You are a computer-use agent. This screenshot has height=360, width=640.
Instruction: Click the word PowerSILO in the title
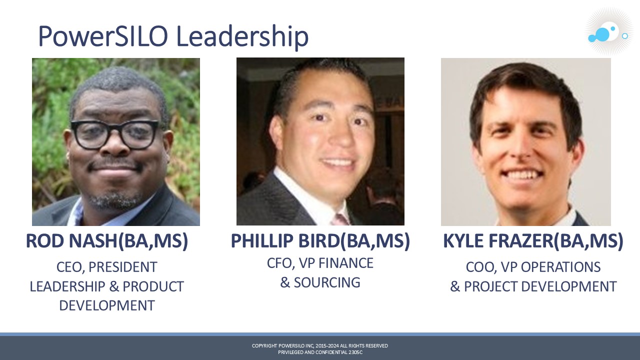click(x=103, y=36)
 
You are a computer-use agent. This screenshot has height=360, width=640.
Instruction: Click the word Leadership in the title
click(x=242, y=37)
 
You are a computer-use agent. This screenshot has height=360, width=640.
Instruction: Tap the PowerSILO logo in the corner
click(x=608, y=31)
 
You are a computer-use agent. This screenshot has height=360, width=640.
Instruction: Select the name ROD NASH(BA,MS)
click(x=107, y=241)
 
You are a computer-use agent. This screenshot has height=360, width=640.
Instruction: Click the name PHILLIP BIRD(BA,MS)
click(x=320, y=241)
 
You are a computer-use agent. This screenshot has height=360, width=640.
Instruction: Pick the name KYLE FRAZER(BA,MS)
click(x=533, y=241)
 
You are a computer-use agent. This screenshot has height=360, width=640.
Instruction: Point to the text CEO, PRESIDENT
click(x=107, y=267)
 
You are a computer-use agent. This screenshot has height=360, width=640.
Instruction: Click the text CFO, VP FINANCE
click(x=320, y=263)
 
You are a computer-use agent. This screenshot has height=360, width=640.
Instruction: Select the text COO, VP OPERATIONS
click(x=533, y=267)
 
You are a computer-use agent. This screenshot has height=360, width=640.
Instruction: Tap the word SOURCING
click(x=327, y=282)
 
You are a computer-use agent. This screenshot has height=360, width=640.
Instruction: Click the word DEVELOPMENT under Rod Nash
click(x=107, y=305)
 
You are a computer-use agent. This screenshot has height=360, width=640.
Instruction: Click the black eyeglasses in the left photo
click(x=114, y=134)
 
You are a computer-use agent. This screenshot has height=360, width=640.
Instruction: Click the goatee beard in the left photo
click(x=114, y=199)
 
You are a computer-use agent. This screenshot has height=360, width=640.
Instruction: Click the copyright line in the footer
click(x=320, y=345)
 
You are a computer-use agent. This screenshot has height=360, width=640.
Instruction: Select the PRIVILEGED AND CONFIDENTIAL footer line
click(x=320, y=352)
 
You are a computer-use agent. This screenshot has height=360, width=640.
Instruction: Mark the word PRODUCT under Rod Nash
click(x=153, y=286)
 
